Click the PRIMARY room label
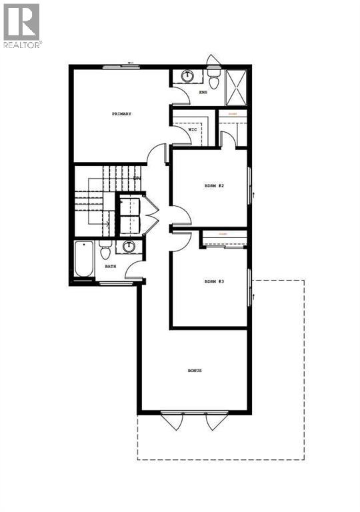pyautogui.click(x=121, y=114)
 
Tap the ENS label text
pyautogui.click(x=203, y=93)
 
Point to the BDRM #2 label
pyautogui.click(x=214, y=185)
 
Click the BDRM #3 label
pyautogui.click(x=214, y=282)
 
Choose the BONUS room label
pyautogui.click(x=195, y=371)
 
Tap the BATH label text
pyautogui.click(x=110, y=267)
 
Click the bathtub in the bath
pyautogui.click(x=85, y=260)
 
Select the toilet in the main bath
pyautogui.click(x=105, y=251)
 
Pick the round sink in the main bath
pyautogui.click(x=129, y=247)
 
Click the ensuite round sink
pyautogui.click(x=187, y=76)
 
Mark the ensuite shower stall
pyautogui.click(x=236, y=87)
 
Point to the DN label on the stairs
pyautogui.click(x=137, y=178)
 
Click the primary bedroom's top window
pyautogui.click(x=121, y=65)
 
